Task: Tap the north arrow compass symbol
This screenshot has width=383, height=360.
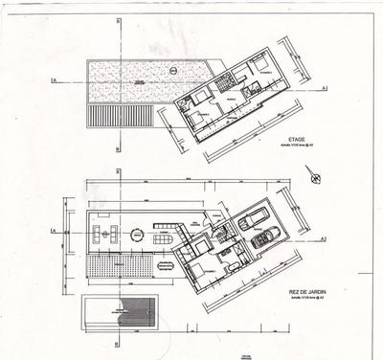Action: click(313, 174)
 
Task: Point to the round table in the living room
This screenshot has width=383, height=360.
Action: click(137, 233)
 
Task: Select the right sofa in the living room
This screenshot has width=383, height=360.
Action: click(116, 233)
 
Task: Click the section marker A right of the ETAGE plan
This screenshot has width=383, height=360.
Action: click(327, 88)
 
